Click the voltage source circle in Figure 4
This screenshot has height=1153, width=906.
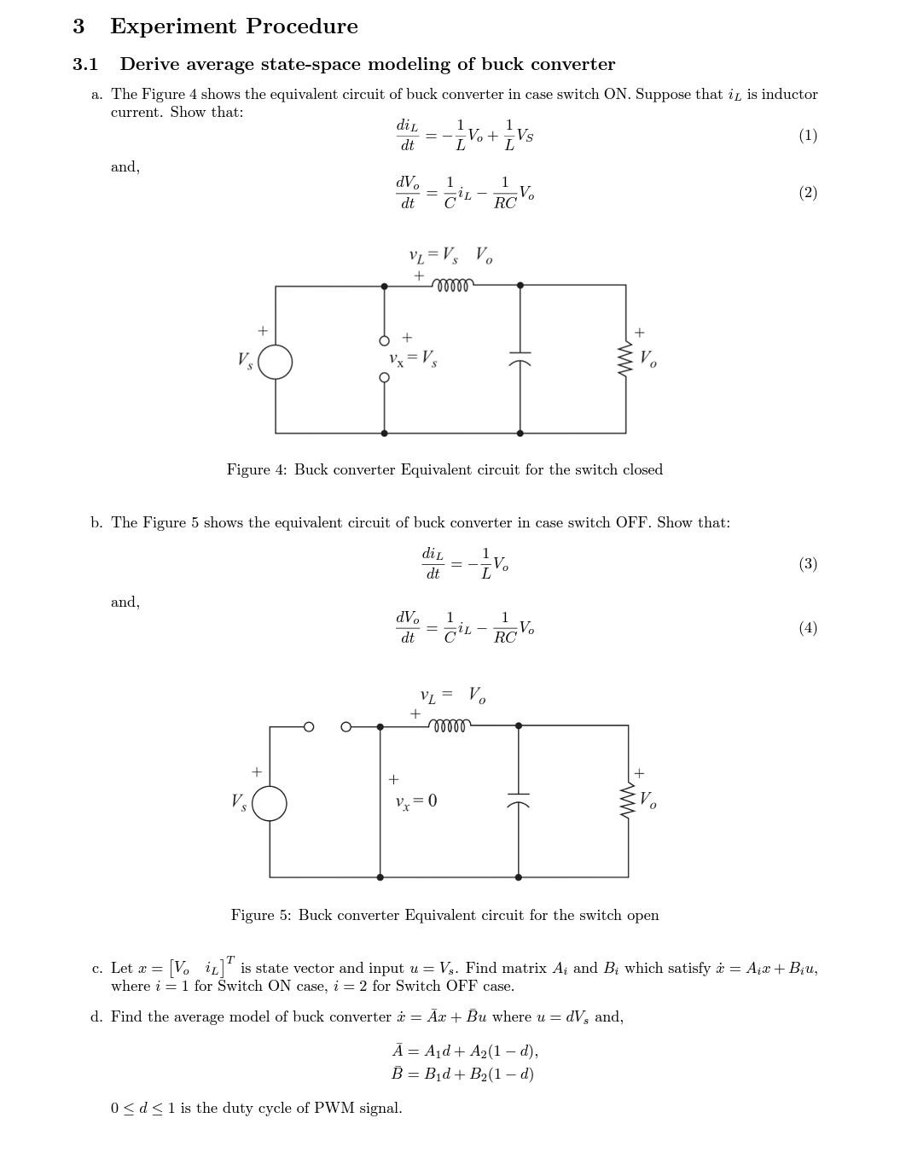275,362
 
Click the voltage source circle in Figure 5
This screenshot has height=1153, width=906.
270,803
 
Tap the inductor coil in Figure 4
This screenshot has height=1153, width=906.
453,285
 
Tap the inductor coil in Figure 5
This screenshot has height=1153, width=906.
450,726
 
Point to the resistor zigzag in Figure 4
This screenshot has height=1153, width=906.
625,359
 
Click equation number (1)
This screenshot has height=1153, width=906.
807,136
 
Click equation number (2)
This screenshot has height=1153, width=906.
807,193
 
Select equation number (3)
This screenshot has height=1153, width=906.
807,564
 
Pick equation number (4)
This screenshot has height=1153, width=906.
807,628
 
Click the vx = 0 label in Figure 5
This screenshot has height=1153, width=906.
416,801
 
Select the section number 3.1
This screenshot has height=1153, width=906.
85,65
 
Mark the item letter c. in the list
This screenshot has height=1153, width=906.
97,969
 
